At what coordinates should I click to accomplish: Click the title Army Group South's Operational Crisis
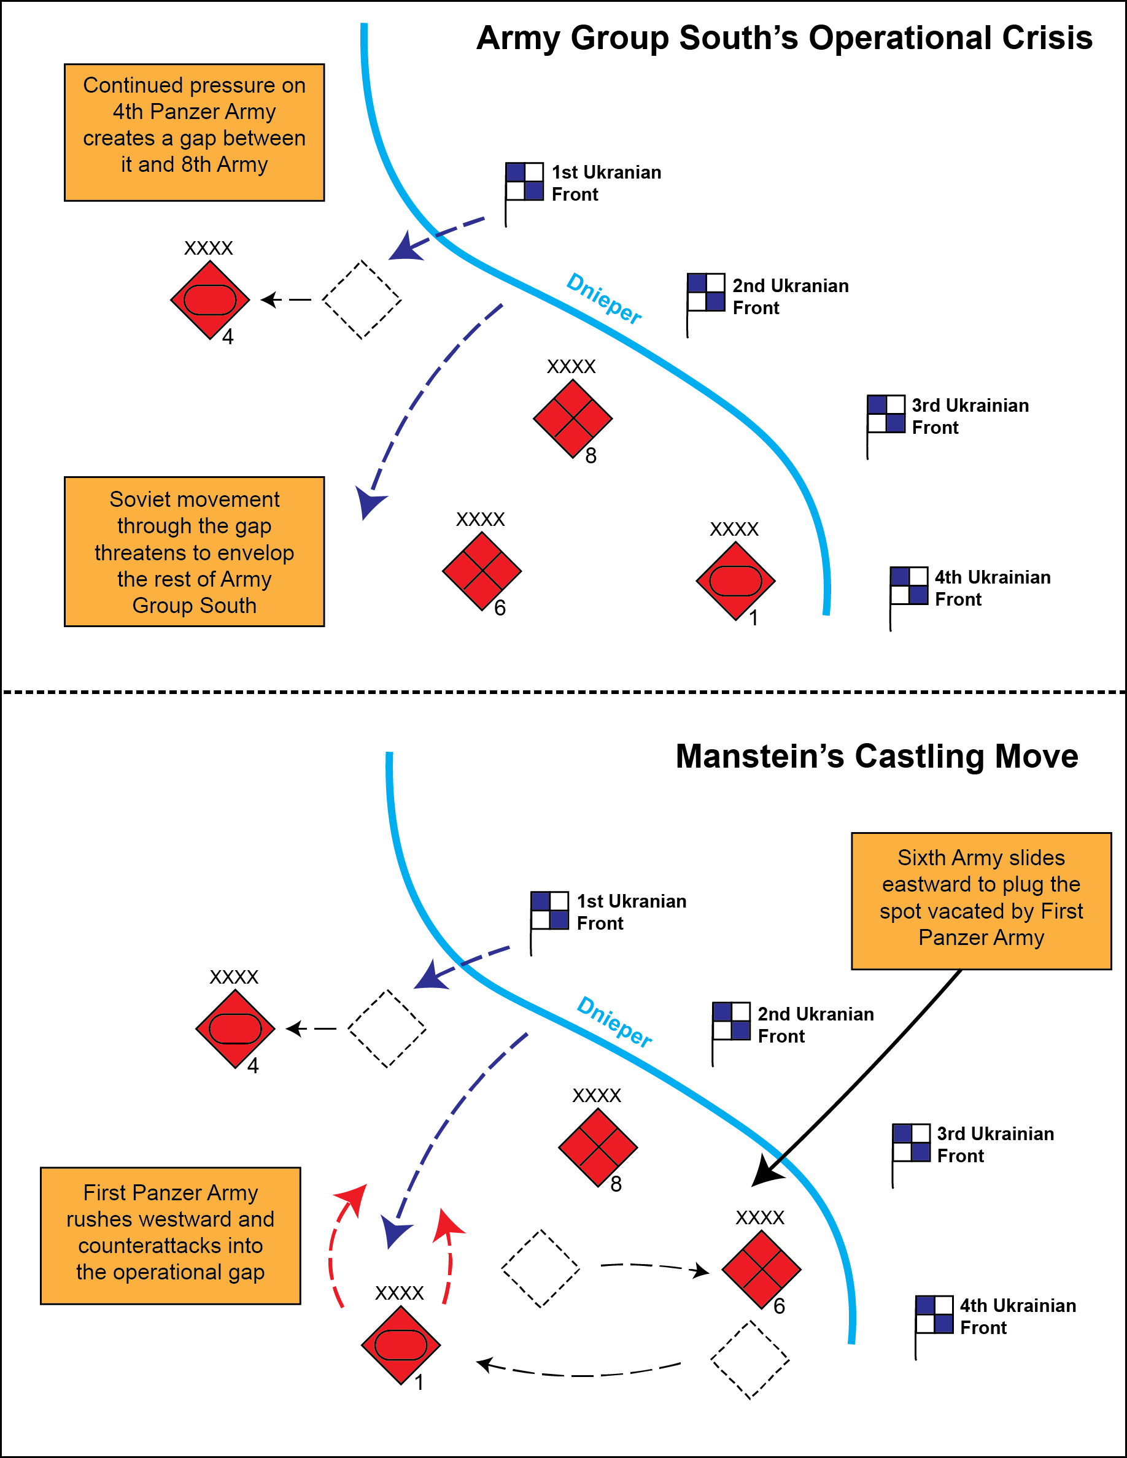tap(784, 38)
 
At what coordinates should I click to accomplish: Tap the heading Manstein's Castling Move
tap(877, 757)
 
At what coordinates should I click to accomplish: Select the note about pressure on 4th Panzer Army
tap(195, 132)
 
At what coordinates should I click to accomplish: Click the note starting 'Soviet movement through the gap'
tap(195, 552)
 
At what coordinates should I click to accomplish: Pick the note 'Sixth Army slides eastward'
tap(982, 901)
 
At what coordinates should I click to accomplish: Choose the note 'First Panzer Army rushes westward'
tap(171, 1236)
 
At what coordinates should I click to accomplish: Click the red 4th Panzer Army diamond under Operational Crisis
tap(211, 299)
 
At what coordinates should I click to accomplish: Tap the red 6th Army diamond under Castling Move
tap(761, 1270)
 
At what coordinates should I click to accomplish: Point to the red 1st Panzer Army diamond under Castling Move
tap(401, 1345)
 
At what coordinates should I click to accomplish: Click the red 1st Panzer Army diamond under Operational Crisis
tap(736, 580)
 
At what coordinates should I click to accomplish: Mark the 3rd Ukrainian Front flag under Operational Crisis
tap(885, 426)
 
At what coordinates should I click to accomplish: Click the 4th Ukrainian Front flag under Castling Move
tap(934, 1327)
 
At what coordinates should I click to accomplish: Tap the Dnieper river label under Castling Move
tap(614, 1022)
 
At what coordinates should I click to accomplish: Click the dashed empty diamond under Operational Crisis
tap(362, 299)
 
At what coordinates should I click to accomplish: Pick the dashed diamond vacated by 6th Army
tap(541, 1268)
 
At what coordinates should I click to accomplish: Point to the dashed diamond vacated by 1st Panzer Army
tap(749, 1359)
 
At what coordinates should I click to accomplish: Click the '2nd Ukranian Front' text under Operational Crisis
tap(791, 296)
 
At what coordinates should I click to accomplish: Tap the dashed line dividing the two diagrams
tap(563, 692)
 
